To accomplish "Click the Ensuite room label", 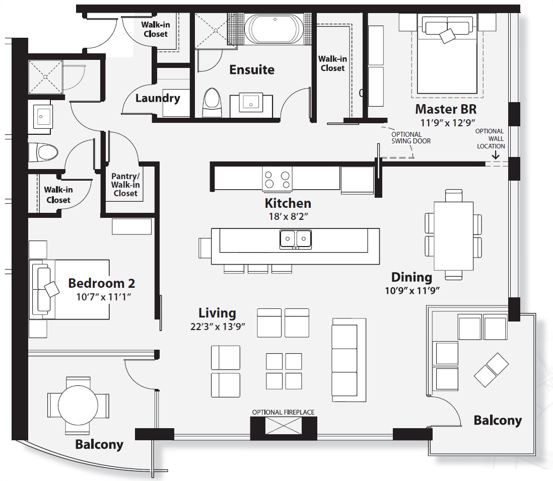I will click(x=252, y=69).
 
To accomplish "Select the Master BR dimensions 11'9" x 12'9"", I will click(x=445, y=122).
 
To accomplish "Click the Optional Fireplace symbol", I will click(x=284, y=426).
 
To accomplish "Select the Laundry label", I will click(x=157, y=98).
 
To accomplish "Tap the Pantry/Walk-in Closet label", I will click(x=125, y=185).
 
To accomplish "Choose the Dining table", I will click(x=453, y=234).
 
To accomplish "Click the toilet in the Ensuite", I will click(x=212, y=103).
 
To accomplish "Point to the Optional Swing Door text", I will click(x=411, y=137).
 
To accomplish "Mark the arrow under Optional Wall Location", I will click(x=495, y=156).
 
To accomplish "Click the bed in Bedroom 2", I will click(x=71, y=289).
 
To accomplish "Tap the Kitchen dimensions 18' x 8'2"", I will click(x=288, y=217).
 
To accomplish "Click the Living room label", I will click(x=217, y=313).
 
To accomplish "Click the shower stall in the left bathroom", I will click(x=46, y=77).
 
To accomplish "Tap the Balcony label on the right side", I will click(x=497, y=420).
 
